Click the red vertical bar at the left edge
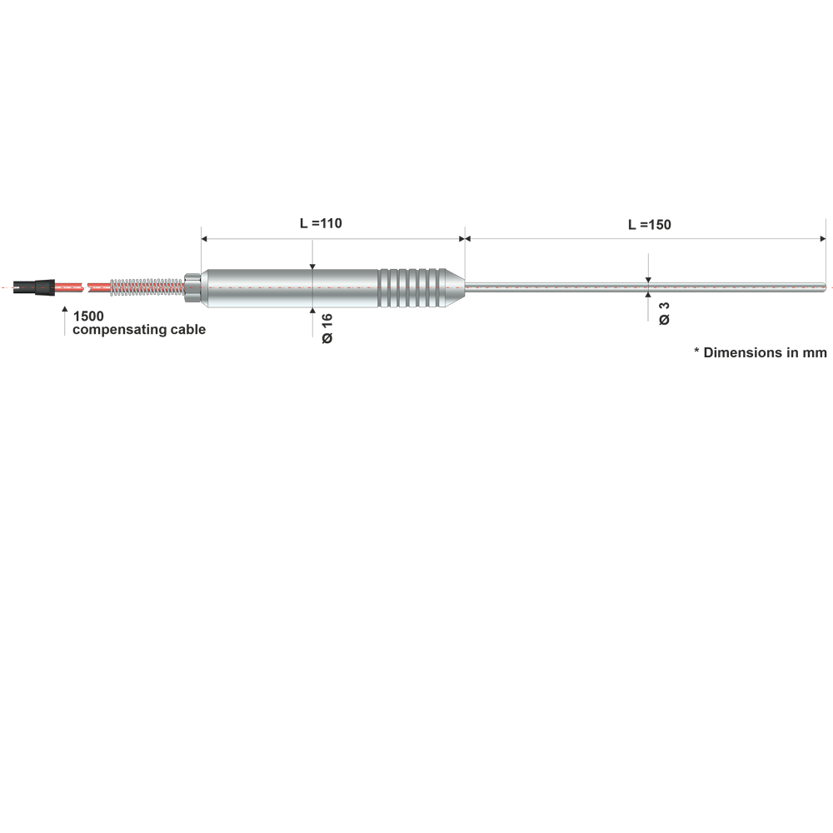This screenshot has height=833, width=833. pos(3,287)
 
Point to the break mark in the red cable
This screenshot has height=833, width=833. pos(87,287)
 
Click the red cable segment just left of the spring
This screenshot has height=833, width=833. pos(100,287)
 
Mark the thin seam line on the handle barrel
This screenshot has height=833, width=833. pos(312,287)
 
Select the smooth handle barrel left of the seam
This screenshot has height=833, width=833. pos(258,287)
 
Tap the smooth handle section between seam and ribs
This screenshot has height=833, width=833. pos(346,287)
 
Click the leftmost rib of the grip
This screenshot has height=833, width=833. pos(384,287)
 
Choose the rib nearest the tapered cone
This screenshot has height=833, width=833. pos(439,287)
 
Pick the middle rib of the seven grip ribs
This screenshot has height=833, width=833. pos(412,287)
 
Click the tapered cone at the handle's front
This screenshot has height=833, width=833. pos(455,287)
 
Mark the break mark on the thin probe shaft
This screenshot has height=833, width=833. pos(650,287)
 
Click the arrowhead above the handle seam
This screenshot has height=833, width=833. pos(312,261)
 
